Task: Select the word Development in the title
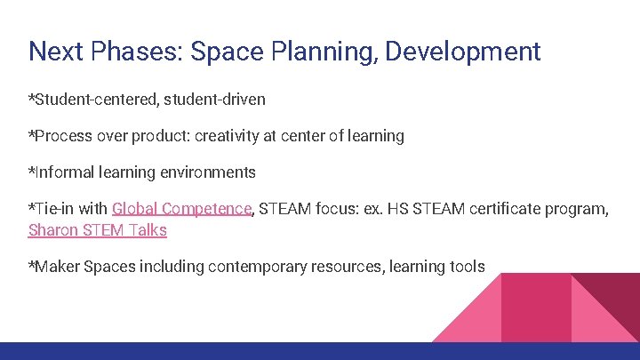(x=467, y=51)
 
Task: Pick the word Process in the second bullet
(x=63, y=136)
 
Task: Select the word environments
(x=209, y=172)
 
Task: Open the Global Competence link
(x=182, y=209)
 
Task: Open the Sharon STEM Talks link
(x=98, y=230)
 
